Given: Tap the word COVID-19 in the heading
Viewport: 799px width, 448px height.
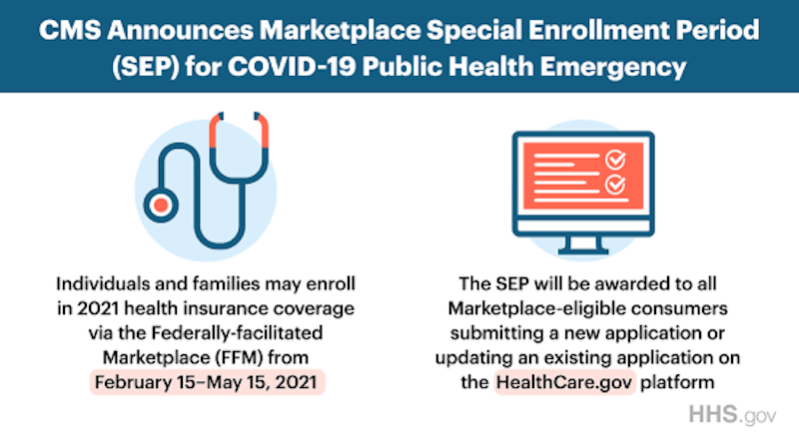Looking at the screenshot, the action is (x=291, y=67).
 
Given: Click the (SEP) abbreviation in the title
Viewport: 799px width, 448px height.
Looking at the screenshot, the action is (x=145, y=67).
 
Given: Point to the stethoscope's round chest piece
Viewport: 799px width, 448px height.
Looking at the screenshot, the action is (x=161, y=205).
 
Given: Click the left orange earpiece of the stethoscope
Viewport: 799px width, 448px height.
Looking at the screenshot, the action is (x=215, y=131).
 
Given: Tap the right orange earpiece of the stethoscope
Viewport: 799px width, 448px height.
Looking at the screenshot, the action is (x=262, y=131).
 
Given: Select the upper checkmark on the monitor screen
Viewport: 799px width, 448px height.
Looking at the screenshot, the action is (x=615, y=160).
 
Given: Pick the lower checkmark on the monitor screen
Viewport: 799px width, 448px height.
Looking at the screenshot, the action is (x=615, y=185).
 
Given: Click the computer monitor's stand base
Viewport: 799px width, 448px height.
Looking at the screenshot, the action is (x=583, y=250).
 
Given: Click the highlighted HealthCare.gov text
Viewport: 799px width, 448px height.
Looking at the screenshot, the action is (x=564, y=382).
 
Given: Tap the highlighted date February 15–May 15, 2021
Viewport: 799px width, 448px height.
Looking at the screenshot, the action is (x=207, y=382).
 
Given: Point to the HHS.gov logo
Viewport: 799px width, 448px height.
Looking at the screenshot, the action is (x=732, y=415).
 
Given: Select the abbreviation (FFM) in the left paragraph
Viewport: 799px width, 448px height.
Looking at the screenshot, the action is (x=239, y=358).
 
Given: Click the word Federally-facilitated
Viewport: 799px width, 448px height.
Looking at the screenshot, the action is (x=237, y=333).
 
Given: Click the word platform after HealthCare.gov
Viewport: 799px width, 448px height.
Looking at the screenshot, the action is (x=677, y=383).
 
